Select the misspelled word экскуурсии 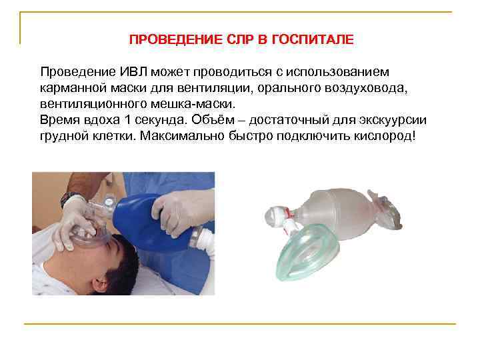click(394, 121)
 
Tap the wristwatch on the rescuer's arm click(69, 199)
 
